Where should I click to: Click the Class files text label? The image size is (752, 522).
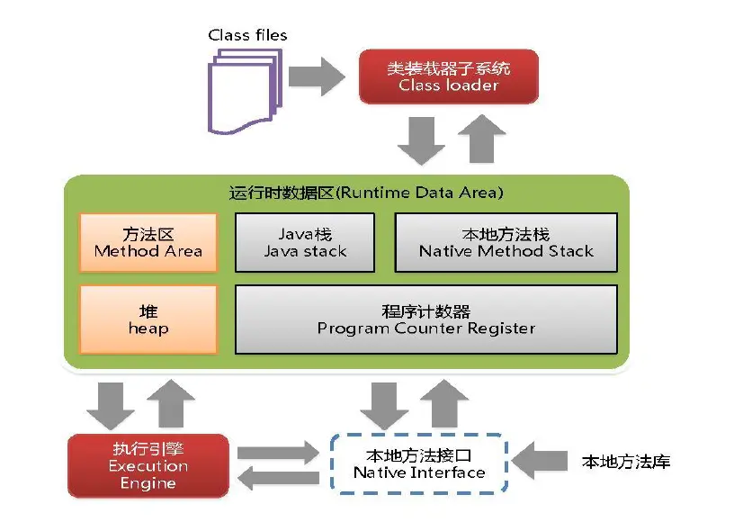pyautogui.click(x=247, y=36)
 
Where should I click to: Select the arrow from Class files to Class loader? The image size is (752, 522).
pyautogui.click(x=316, y=76)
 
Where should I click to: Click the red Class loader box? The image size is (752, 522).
pyautogui.click(x=448, y=76)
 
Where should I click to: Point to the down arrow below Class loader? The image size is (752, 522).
pyautogui.click(x=421, y=140)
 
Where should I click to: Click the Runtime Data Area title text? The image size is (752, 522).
pyautogui.click(x=365, y=193)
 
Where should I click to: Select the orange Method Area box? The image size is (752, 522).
pyautogui.click(x=148, y=242)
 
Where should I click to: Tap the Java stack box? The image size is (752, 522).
pyautogui.click(x=305, y=242)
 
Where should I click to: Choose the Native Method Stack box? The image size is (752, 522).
pyautogui.click(x=506, y=242)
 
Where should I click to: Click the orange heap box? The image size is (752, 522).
pyautogui.click(x=148, y=319)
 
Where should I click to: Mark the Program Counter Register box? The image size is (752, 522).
pyautogui.click(x=426, y=319)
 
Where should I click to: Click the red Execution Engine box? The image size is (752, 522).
pyautogui.click(x=148, y=465)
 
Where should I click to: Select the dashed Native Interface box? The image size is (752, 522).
pyautogui.click(x=418, y=463)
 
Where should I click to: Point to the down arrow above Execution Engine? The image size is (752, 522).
pyautogui.click(x=110, y=404)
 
